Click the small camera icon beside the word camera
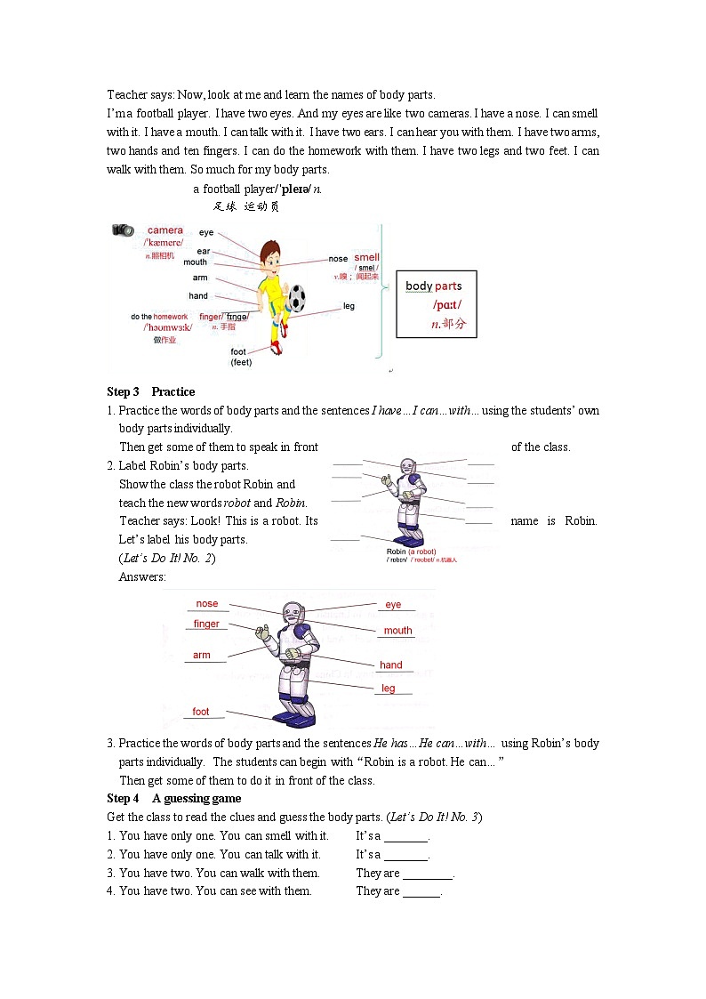coord(123,230)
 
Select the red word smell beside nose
coord(366,258)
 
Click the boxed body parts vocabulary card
coord(436,304)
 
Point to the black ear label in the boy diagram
coord(204,252)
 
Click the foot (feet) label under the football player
coord(240,357)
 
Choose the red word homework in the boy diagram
coord(170,317)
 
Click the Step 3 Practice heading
coord(150,391)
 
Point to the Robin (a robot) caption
coord(411,552)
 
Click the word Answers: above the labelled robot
coord(142,576)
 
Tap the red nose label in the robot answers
coord(207,604)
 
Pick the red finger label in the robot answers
coord(206,624)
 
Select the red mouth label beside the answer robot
coord(397,631)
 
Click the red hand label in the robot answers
coord(391,665)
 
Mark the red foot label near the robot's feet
coord(201,712)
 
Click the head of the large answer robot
coord(293,613)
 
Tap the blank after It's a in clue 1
coord(405,836)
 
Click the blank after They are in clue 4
coord(421,891)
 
